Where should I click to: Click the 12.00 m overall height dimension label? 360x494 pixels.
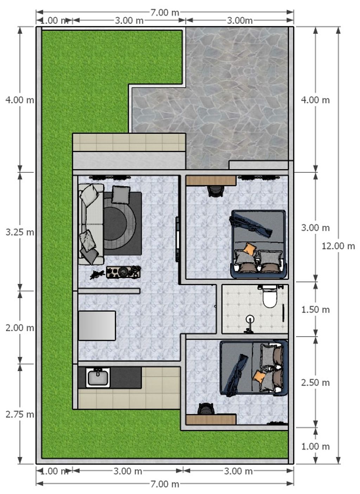click(x=338, y=246)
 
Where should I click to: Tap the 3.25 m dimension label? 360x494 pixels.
click(x=20, y=232)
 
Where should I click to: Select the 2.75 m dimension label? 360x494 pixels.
click(x=20, y=414)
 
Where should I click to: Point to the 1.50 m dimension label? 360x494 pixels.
click(x=315, y=310)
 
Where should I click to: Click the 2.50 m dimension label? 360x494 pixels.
click(x=315, y=382)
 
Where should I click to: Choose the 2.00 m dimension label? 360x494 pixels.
click(x=20, y=328)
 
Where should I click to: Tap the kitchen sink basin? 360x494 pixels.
click(x=98, y=378)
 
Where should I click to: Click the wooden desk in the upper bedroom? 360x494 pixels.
click(x=211, y=180)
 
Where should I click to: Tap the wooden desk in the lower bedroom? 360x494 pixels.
click(x=211, y=420)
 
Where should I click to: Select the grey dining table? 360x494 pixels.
click(x=97, y=326)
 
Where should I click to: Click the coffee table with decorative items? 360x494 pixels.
click(x=123, y=272)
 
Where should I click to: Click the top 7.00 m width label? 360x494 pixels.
click(x=165, y=13)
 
